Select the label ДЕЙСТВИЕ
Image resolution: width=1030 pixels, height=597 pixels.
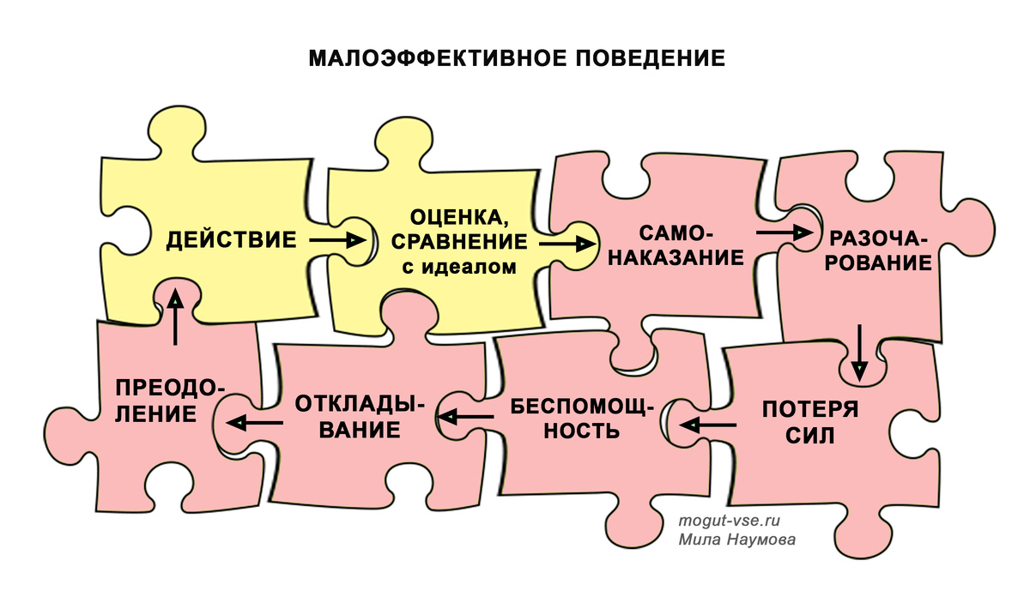(x=231, y=239)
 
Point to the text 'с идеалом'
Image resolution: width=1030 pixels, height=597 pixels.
(x=460, y=267)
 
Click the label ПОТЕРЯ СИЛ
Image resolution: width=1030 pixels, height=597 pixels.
(x=810, y=421)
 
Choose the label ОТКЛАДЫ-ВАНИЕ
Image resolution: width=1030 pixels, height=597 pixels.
(x=360, y=416)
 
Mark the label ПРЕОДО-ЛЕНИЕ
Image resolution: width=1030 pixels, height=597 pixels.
(x=167, y=401)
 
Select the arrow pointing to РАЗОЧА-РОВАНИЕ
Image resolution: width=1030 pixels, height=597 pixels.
(x=785, y=232)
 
